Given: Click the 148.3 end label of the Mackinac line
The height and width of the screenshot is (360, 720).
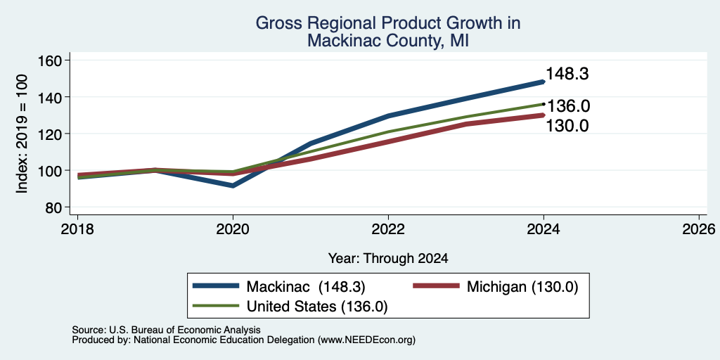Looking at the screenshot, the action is pos(567,75).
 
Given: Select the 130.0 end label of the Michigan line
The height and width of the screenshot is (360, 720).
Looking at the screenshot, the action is pos(567,126).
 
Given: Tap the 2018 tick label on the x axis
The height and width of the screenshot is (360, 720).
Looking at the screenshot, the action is pos(77,229).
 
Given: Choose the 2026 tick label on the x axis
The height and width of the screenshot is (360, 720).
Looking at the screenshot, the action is pos(699,229).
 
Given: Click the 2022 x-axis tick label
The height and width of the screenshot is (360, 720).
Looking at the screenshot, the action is pos(388,229).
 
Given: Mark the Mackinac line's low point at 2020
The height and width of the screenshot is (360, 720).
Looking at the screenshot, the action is pos(233,186).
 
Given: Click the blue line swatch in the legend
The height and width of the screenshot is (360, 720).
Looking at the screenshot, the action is pos(216,286).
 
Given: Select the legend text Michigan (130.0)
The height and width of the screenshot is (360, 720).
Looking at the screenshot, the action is pos(522,287).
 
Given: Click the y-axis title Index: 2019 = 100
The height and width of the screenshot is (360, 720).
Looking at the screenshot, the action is pos(22,134).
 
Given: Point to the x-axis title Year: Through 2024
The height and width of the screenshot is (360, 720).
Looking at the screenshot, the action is pos(388,259).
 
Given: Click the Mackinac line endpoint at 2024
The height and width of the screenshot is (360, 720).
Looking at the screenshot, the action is pos(544,82).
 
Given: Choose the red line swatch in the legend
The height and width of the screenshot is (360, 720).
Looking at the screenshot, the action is pos(436,286).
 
